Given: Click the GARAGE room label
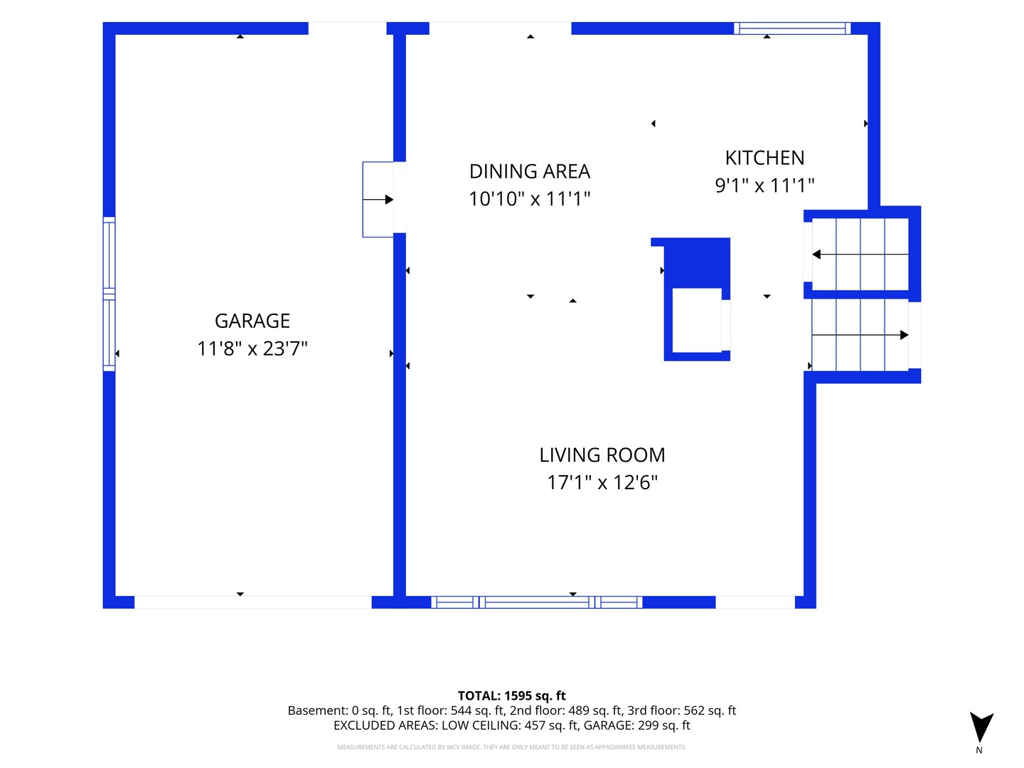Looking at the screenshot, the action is (252, 321).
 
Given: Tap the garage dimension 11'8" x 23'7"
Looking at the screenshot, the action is (252, 348).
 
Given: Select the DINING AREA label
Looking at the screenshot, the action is (530, 171).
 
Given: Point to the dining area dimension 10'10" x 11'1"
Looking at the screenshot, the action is (530, 199).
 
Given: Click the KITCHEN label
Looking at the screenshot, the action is (764, 158).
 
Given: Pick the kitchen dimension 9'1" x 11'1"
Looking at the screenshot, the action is (764, 186).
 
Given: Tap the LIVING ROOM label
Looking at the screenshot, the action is (602, 455).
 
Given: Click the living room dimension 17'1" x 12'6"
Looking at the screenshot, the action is (602, 483).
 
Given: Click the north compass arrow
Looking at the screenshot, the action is (981, 727).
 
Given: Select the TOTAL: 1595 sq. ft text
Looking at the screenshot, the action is (511, 695).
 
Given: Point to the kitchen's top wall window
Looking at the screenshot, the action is (791, 28).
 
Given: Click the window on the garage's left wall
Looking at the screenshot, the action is (110, 294).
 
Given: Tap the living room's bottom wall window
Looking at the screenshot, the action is (536, 602).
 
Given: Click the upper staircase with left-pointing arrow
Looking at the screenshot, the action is (860, 255).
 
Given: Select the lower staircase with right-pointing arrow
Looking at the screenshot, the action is (860, 335).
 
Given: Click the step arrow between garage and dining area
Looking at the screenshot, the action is (378, 200).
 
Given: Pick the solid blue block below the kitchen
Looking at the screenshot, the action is (696, 263).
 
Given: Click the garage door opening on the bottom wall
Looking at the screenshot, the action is (253, 602).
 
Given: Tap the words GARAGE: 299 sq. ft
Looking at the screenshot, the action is (636, 725).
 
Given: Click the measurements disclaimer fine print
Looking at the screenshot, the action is (511, 747).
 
